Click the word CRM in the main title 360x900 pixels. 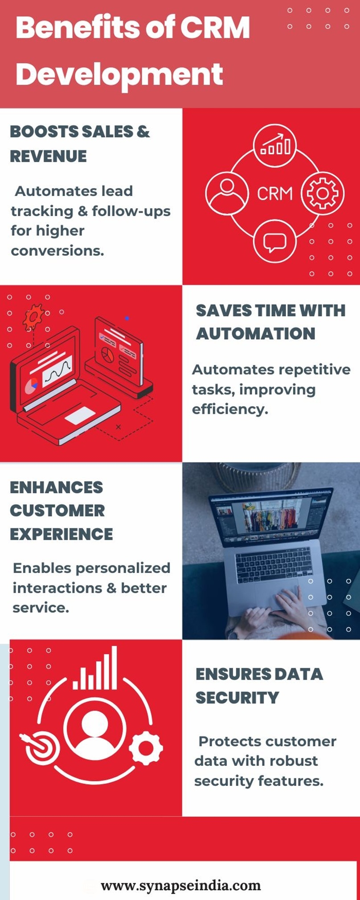(x=215, y=28)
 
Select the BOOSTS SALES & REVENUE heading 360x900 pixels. (x=80, y=144)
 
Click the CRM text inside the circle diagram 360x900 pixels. (x=275, y=194)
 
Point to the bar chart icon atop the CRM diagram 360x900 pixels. (x=275, y=145)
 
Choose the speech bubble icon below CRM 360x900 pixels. (x=274, y=242)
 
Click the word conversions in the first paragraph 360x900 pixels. (x=57, y=251)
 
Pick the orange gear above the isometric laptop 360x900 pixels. (x=33, y=317)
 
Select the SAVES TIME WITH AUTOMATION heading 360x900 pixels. (x=270, y=322)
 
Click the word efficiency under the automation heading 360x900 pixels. (x=230, y=409)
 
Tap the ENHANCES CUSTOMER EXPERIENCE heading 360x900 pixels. (x=61, y=511)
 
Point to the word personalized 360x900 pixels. (x=123, y=569)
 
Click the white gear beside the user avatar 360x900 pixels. (x=146, y=748)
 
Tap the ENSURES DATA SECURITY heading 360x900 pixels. (x=259, y=686)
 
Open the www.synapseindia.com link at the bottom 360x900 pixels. (x=180, y=886)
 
